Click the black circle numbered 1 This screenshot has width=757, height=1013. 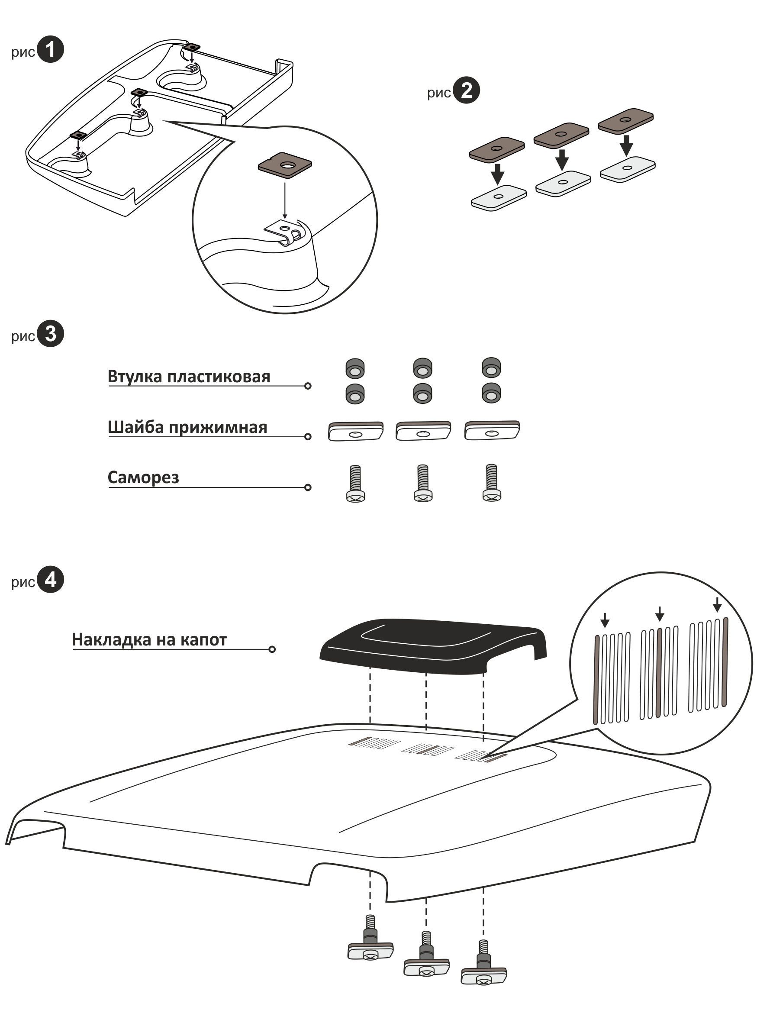tap(50, 49)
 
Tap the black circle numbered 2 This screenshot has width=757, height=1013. tap(466, 90)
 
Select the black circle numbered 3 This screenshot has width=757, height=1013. tap(50, 333)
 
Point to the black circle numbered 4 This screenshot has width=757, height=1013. tap(50, 579)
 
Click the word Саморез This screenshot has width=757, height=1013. tap(143, 477)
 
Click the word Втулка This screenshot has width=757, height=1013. tap(135, 377)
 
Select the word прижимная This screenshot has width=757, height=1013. tap(218, 428)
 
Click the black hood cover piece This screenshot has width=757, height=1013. tap(432, 646)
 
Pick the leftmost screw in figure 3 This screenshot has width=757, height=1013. tap(355, 484)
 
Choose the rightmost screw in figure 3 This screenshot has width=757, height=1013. tap(491, 483)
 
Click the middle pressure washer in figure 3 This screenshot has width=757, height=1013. tap(423, 431)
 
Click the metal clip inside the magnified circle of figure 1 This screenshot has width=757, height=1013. tap(284, 232)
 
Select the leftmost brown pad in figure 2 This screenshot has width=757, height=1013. tap(497, 150)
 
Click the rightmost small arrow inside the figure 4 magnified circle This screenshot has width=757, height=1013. tap(717, 604)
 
